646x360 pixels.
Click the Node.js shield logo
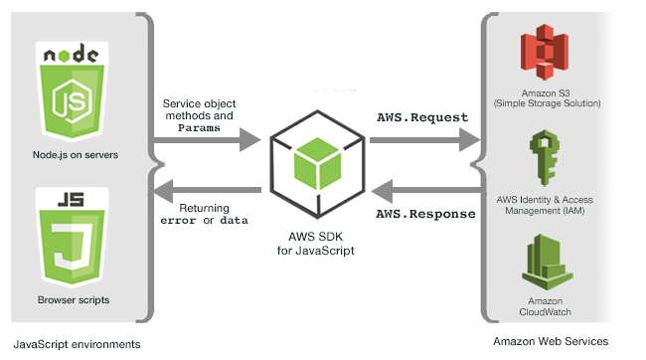click(x=73, y=91)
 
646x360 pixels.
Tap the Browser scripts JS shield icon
click(x=73, y=237)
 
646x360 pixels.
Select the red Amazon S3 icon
click(x=545, y=52)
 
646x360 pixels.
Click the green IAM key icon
click(x=545, y=158)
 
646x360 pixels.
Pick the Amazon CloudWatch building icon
click(x=547, y=262)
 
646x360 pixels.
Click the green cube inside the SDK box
click(x=318, y=163)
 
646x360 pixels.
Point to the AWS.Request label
click(x=422, y=117)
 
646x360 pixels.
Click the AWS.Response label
click(x=425, y=214)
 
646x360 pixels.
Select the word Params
click(x=199, y=128)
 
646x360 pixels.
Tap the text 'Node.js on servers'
click(x=76, y=155)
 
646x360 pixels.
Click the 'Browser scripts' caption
click(x=74, y=300)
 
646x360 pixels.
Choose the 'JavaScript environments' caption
click(x=78, y=344)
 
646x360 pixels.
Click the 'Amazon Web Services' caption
click(x=551, y=341)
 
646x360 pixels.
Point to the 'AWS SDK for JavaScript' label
click(x=316, y=244)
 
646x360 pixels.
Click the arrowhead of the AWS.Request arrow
click(x=470, y=140)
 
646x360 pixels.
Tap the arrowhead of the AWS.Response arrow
click(x=382, y=191)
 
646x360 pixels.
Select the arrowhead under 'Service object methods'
click(x=250, y=140)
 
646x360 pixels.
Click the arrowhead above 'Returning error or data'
click(x=163, y=191)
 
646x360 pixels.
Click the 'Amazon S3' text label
click(x=546, y=93)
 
